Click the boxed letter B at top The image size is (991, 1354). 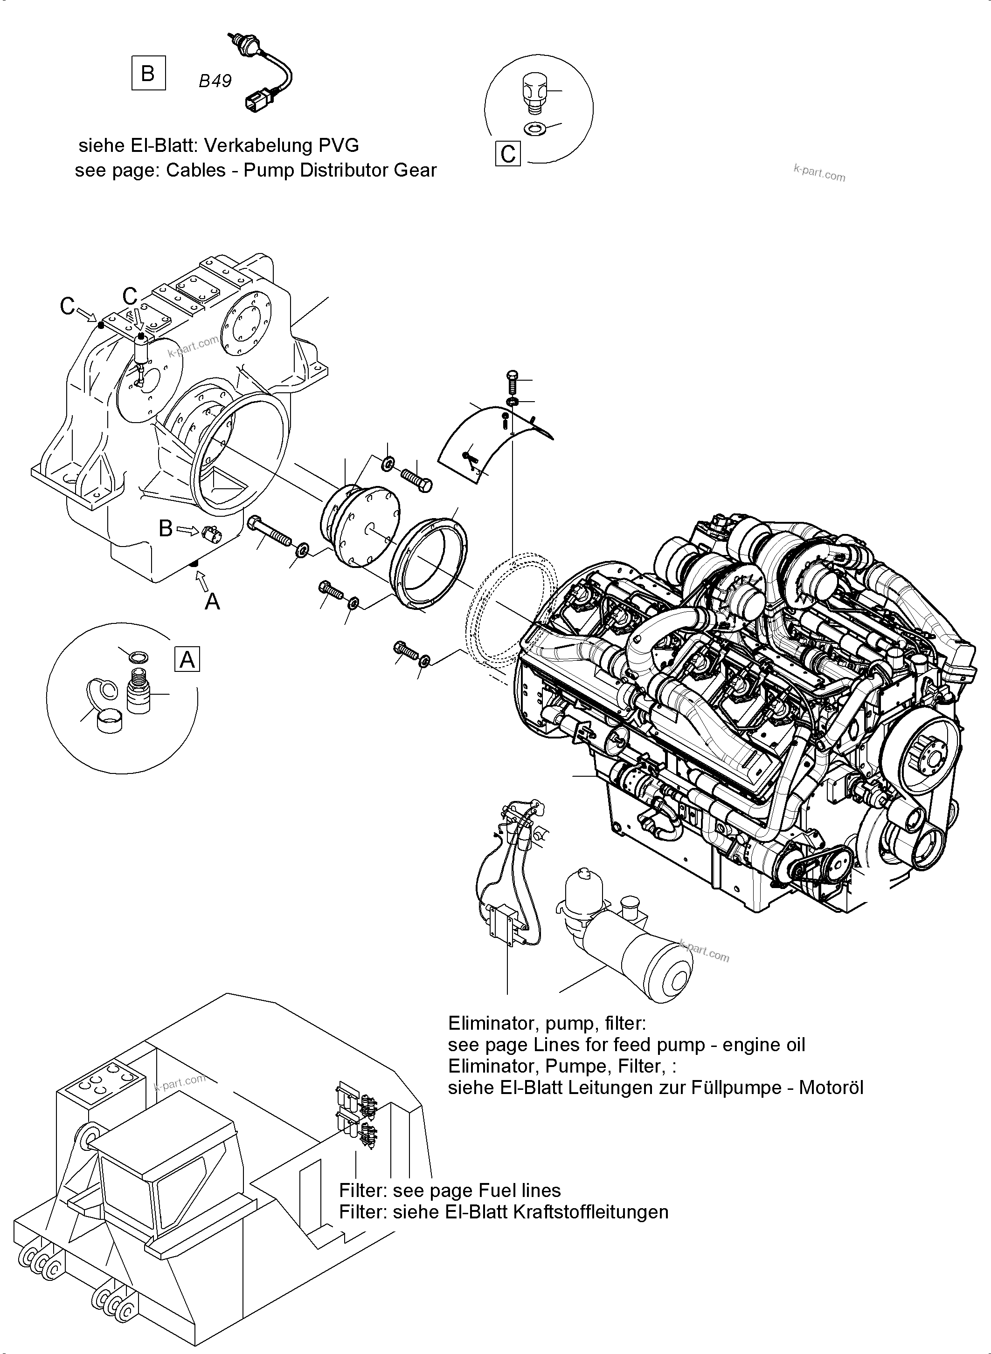[148, 73]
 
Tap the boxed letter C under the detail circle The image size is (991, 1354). [508, 154]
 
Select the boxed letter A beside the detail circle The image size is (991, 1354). [187, 659]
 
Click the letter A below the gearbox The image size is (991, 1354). [212, 601]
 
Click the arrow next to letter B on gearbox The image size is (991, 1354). [188, 529]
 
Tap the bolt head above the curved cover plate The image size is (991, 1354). [511, 375]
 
